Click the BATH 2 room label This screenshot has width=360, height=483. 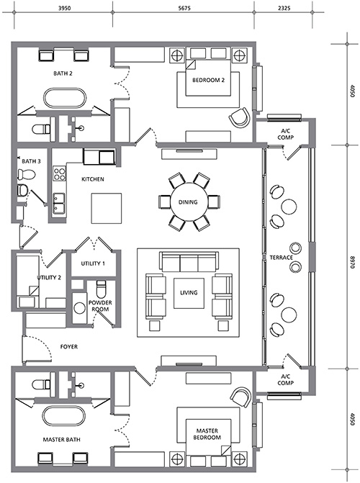point(63,73)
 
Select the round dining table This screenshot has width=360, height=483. point(188,202)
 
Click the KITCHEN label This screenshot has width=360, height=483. point(93,179)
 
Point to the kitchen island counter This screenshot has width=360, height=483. point(107,208)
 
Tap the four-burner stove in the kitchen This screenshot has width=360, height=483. point(60,173)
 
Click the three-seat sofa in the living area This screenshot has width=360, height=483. point(189,261)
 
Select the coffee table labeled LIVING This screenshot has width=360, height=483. point(189,293)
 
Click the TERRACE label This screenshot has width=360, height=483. point(281,258)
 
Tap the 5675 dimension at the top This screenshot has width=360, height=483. point(184,9)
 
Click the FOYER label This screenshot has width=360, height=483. point(68,347)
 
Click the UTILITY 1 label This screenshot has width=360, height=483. point(93,263)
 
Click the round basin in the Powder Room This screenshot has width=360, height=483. point(80,308)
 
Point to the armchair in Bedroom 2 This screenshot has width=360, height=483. point(240,117)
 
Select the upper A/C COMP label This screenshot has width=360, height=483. point(285,135)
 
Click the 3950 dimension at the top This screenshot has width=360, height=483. point(64,9)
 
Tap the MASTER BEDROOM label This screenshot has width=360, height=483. point(207,434)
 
